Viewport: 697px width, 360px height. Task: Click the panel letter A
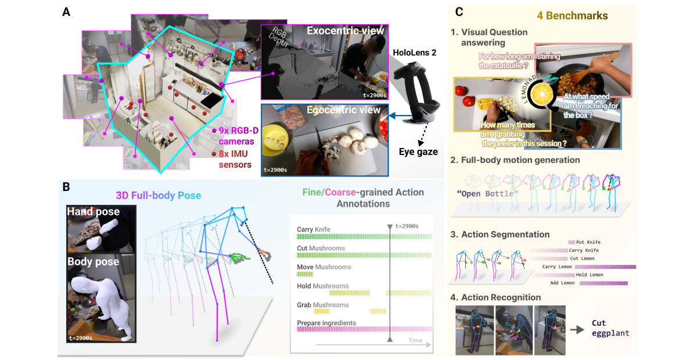click(67, 12)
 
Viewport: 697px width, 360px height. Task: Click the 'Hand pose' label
click(93, 212)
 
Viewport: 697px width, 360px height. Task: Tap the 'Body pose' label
click(93, 261)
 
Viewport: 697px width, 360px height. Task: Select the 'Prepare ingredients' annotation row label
click(326, 323)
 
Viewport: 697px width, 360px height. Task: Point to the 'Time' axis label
click(415, 340)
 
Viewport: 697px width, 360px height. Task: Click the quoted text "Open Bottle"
click(486, 193)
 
